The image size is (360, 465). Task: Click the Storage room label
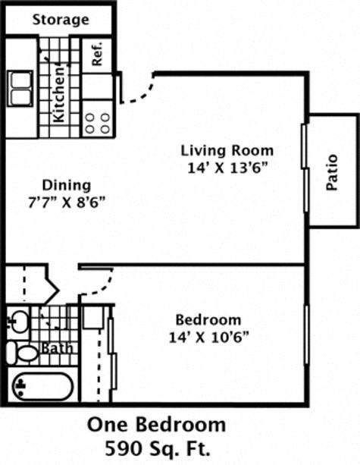click(x=60, y=19)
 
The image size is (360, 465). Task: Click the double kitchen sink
click(x=21, y=88)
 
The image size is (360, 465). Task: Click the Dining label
click(x=67, y=185)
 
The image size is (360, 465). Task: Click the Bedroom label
click(x=208, y=319)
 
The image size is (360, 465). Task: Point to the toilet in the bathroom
click(x=23, y=352)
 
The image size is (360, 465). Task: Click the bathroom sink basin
click(x=20, y=320)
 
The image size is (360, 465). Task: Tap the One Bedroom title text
click(x=156, y=423)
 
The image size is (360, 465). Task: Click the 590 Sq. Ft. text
click(x=156, y=446)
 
